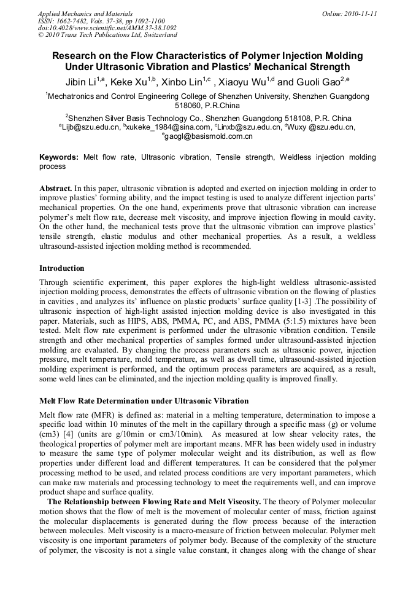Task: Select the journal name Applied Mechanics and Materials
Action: tap(85, 13)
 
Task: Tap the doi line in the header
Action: tap(107, 28)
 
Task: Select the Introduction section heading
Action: tap(62, 268)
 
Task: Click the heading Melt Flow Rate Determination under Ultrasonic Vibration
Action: tap(144, 400)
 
